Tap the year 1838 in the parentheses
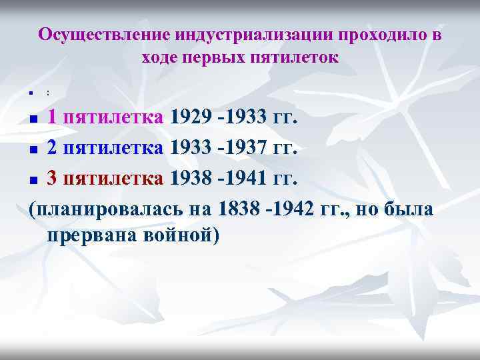coord(241,209)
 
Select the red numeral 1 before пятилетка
coord(51,118)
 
